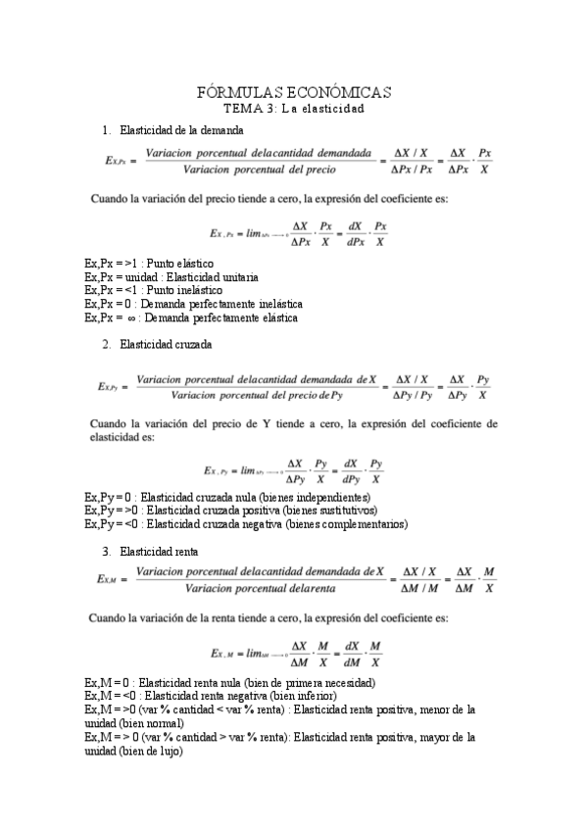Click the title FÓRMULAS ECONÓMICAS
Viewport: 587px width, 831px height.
[x=294, y=92]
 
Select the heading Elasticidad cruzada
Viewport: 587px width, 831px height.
[x=161, y=344]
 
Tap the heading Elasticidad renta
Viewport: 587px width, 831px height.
[x=157, y=552]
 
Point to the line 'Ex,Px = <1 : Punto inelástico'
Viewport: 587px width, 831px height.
[x=154, y=291]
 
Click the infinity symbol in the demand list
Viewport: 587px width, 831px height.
[x=134, y=318]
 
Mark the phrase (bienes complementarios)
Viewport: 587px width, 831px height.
[x=346, y=524]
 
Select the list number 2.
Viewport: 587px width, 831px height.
[x=106, y=344]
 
